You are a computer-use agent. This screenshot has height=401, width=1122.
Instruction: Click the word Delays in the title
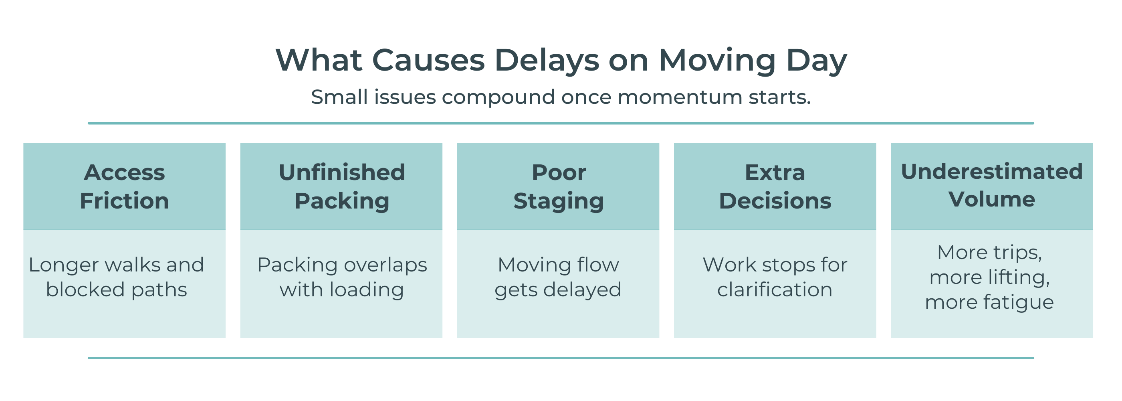click(x=547, y=61)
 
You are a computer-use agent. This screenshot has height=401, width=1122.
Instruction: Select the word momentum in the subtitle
click(x=680, y=97)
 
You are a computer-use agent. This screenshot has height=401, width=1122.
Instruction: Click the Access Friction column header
click(x=125, y=186)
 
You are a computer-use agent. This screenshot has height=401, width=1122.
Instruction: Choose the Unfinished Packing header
click(x=342, y=186)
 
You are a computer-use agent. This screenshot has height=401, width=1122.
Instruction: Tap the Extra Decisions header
click(x=775, y=186)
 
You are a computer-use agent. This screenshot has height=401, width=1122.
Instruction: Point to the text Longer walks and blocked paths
click(x=116, y=277)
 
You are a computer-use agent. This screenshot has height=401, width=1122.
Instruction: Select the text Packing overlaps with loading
click(x=342, y=277)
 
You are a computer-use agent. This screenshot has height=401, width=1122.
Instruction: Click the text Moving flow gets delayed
click(x=558, y=277)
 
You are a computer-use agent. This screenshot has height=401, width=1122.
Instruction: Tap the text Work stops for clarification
click(x=775, y=277)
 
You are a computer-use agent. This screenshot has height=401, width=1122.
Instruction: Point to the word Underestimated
click(x=992, y=171)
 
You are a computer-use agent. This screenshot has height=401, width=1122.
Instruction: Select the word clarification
click(x=775, y=290)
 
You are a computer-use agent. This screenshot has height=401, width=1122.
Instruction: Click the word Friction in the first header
click(x=125, y=201)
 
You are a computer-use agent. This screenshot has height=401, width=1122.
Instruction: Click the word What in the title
click(x=319, y=60)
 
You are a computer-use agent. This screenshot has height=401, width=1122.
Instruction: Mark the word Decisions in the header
click(x=775, y=201)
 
